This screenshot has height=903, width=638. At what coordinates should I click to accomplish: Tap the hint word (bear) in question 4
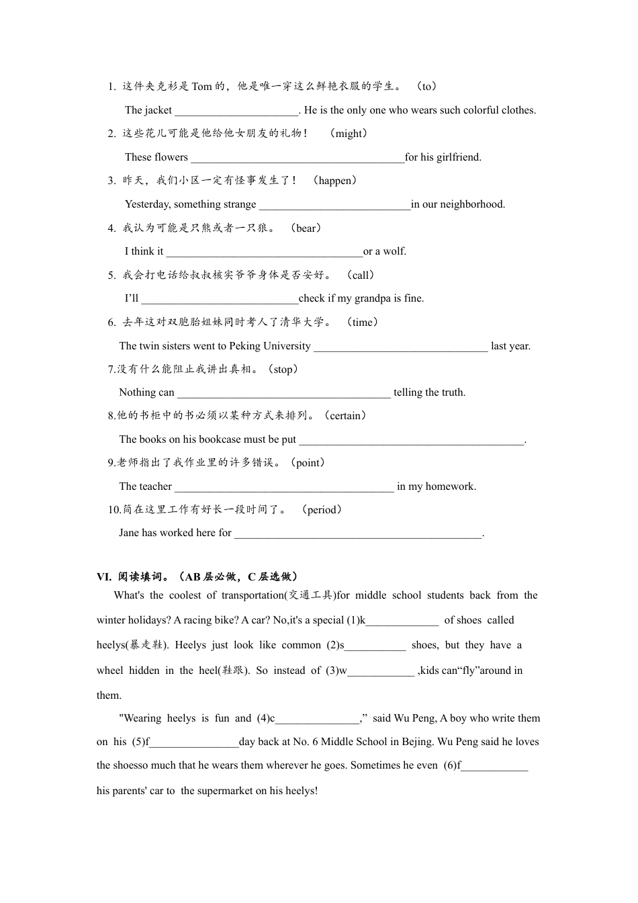coord(306,228)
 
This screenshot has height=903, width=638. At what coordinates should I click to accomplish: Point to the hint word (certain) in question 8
coord(345,416)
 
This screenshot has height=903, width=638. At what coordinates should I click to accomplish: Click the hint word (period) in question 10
coord(322,510)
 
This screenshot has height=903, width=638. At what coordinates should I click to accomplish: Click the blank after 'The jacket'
coord(236,111)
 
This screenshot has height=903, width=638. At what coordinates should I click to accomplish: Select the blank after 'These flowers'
coord(298,158)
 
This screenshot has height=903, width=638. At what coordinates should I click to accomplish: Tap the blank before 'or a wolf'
coord(264,252)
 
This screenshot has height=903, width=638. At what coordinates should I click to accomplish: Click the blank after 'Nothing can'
coord(283,393)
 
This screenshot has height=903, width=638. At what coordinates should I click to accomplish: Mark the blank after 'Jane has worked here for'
coord(358,533)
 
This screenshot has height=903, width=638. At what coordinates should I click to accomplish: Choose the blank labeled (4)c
coord(317,719)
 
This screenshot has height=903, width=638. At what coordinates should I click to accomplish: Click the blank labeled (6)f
coord(494,766)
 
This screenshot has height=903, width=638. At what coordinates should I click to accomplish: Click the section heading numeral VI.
coord(103,577)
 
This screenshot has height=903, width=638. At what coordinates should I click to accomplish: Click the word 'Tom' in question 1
coord(201,87)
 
